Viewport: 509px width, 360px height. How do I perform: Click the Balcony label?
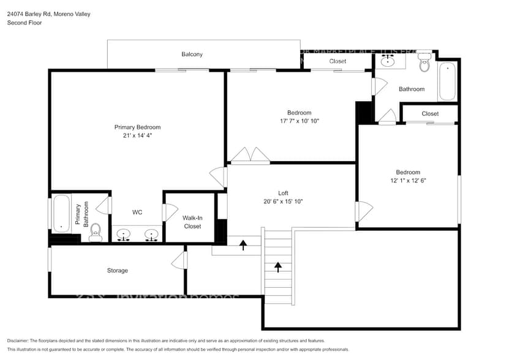(192, 54)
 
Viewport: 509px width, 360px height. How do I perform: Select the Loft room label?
(283, 193)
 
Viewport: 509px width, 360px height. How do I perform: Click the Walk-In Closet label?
(192, 222)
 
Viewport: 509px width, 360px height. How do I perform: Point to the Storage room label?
(118, 271)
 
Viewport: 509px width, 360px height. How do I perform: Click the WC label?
(137, 212)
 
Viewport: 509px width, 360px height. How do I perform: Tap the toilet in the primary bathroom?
(95, 232)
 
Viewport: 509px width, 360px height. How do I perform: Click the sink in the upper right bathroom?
(388, 61)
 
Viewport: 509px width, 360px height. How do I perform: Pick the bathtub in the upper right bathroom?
(447, 81)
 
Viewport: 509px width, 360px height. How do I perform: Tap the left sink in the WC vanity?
(124, 235)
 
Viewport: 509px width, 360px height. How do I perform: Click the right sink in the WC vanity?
(151, 235)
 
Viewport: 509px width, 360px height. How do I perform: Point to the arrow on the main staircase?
(278, 267)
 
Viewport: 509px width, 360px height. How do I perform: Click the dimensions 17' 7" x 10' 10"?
(300, 121)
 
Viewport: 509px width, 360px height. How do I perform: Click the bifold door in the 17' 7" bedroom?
(250, 155)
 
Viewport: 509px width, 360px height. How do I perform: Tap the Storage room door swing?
(179, 261)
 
